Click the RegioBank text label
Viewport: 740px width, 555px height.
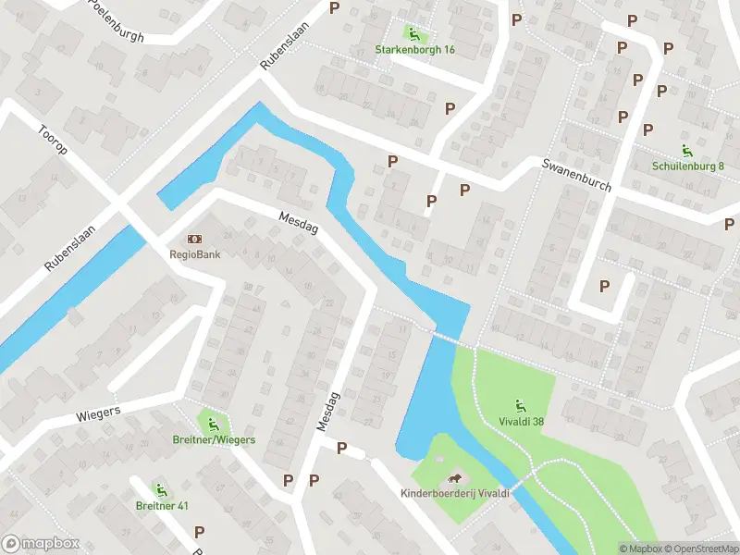click(194, 256)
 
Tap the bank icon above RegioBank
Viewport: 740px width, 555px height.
click(194, 240)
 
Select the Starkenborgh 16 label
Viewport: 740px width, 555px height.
click(414, 49)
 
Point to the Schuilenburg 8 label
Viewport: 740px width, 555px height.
click(687, 166)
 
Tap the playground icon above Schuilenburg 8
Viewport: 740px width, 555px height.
click(687, 150)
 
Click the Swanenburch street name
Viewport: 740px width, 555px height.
click(577, 174)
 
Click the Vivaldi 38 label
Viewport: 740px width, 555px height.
click(520, 421)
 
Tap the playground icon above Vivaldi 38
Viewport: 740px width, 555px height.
click(520, 404)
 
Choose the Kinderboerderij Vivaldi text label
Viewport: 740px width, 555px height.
click(455, 494)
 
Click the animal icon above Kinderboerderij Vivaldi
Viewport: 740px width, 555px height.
click(455, 477)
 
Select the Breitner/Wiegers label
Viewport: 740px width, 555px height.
click(213, 440)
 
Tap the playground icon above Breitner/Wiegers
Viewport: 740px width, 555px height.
click(213, 424)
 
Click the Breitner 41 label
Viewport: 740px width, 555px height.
click(162, 506)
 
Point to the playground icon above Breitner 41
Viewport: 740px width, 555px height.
click(162, 489)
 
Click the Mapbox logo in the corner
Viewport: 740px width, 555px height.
click(41, 544)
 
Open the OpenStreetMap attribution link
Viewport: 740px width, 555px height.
click(699, 549)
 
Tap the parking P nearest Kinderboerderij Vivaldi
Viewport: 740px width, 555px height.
click(341, 449)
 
